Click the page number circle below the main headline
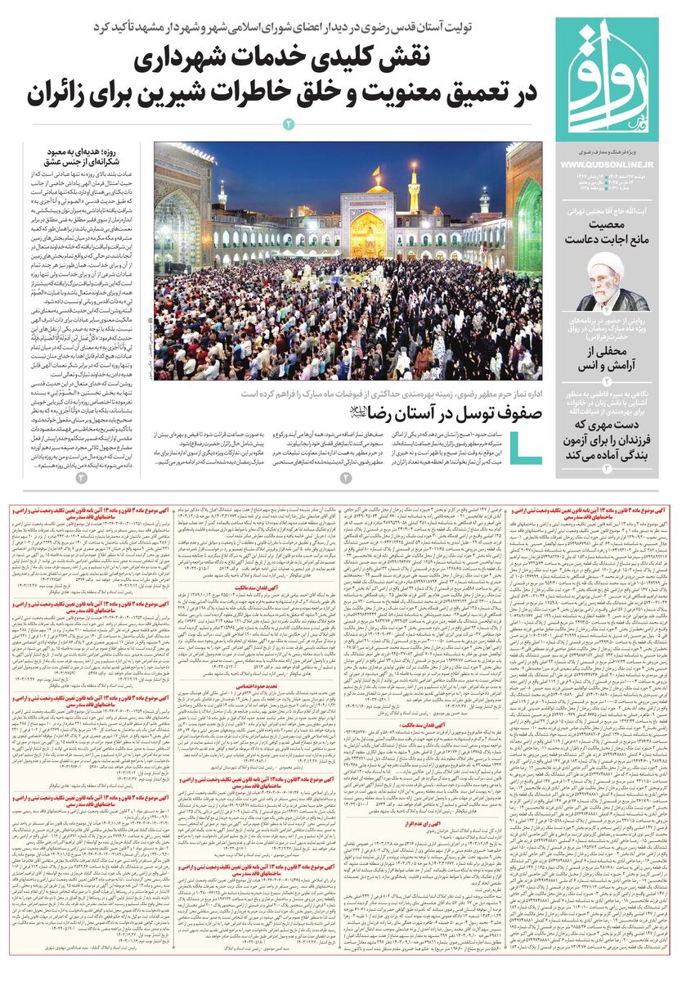288,124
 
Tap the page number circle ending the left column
81,477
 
